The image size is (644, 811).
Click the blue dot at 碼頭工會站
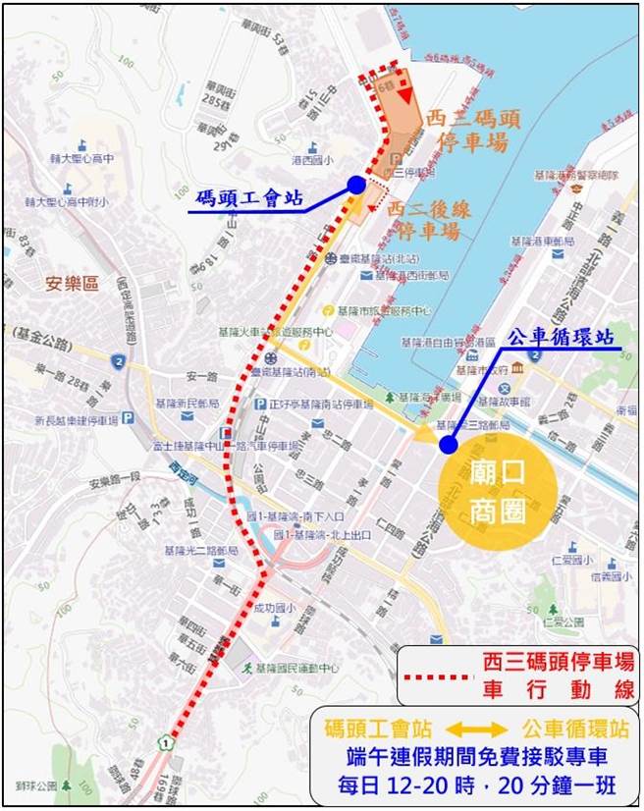tap(356, 185)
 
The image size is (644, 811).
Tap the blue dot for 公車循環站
tap(448, 445)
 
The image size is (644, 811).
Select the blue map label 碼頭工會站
tap(246, 196)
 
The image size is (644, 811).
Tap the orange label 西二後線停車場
tap(423, 220)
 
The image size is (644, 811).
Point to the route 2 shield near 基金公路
tap(118, 363)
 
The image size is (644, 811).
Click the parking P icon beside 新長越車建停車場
tap(128, 419)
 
